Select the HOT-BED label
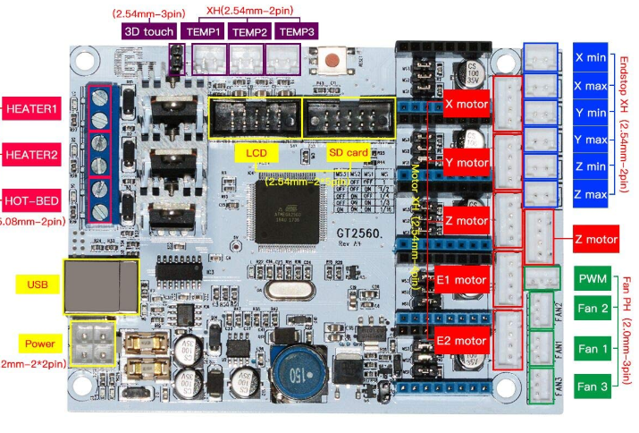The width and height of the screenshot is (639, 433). tap(31, 200)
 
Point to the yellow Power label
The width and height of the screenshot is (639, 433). tap(39, 344)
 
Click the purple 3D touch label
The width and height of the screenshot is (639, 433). tap(148, 30)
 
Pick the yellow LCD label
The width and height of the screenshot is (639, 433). tap(252, 153)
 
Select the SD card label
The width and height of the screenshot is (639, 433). tap(349, 153)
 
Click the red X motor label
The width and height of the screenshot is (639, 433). tap(467, 104)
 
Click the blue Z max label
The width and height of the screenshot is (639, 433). tap(591, 193)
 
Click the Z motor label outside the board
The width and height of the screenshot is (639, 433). tap(597, 239)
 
